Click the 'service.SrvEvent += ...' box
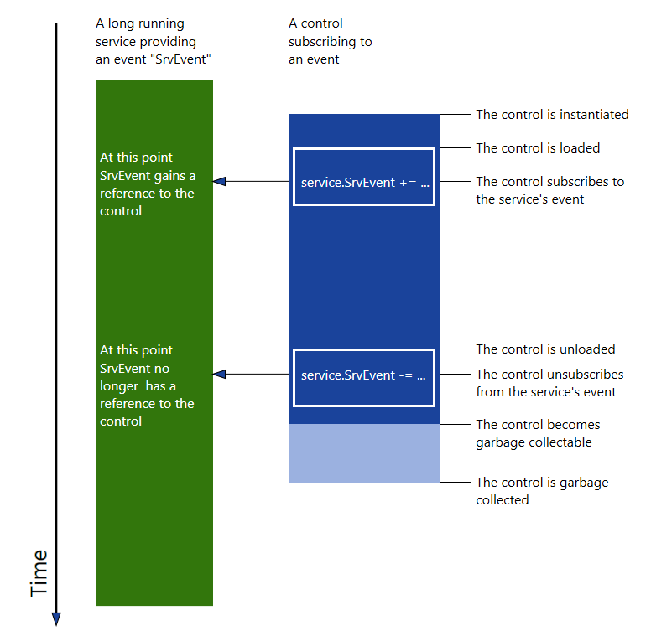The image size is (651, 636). (x=364, y=177)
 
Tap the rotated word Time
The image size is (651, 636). (x=39, y=573)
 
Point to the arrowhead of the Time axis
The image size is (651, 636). (x=56, y=619)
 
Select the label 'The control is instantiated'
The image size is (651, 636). (x=552, y=115)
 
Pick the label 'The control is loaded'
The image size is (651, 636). (x=538, y=148)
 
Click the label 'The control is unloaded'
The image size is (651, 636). (x=545, y=349)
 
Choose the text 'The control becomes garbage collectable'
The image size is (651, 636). (x=538, y=433)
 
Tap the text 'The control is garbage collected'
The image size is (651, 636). (x=542, y=491)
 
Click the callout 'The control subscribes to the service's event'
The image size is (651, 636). (x=549, y=190)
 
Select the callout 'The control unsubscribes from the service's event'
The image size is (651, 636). (x=549, y=383)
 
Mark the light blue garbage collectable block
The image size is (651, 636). (x=364, y=453)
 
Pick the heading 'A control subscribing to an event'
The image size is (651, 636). (x=330, y=41)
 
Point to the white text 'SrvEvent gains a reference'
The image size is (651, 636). (x=147, y=184)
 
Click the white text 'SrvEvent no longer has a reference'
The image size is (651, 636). (x=147, y=385)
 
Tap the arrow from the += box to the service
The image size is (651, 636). (x=252, y=181)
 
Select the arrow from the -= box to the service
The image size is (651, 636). (x=252, y=375)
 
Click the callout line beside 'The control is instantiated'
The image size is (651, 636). (x=454, y=115)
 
